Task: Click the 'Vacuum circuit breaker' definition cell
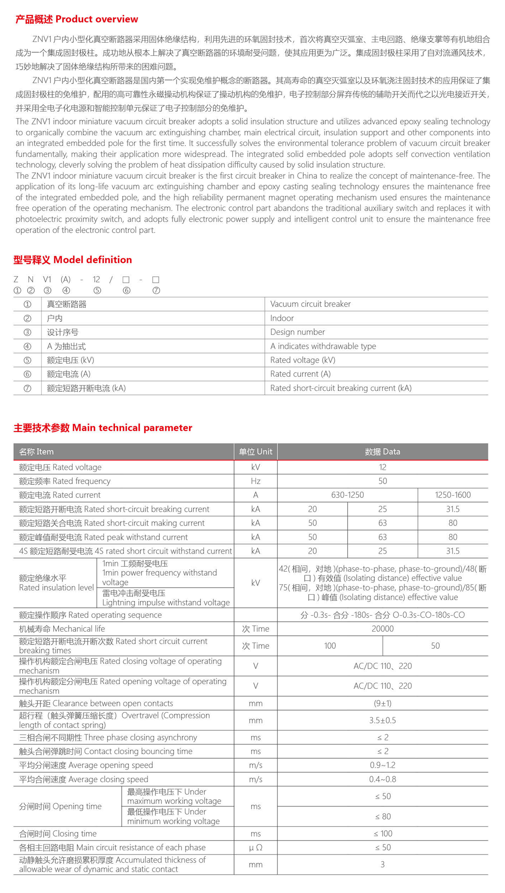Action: click(x=310, y=304)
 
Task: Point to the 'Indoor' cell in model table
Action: click(x=282, y=318)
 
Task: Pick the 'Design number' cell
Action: click(x=298, y=332)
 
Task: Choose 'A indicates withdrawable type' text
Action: click(x=323, y=346)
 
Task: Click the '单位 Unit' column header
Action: click(x=256, y=452)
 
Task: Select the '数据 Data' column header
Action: click(x=382, y=452)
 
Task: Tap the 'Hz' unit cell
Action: click(x=256, y=481)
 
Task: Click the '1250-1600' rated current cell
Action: click(x=453, y=495)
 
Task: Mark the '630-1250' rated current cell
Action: click(x=347, y=495)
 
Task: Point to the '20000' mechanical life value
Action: click(x=382, y=629)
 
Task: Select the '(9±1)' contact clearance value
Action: click(x=382, y=703)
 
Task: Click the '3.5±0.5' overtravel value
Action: click(x=382, y=720)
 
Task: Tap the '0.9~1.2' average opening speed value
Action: click(x=382, y=765)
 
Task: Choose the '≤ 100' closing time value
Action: click(x=383, y=833)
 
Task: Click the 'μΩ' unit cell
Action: click(x=256, y=848)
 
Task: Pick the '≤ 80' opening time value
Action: click(x=383, y=816)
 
